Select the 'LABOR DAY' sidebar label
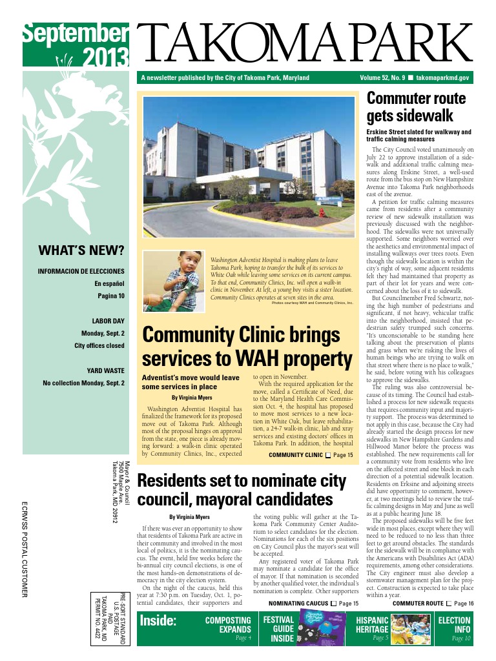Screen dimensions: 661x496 tap(108, 321)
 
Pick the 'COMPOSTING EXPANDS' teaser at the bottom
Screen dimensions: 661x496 tap(227, 625)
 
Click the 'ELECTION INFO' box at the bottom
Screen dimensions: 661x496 tap(454, 625)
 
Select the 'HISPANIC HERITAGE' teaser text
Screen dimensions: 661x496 tap(373, 625)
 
